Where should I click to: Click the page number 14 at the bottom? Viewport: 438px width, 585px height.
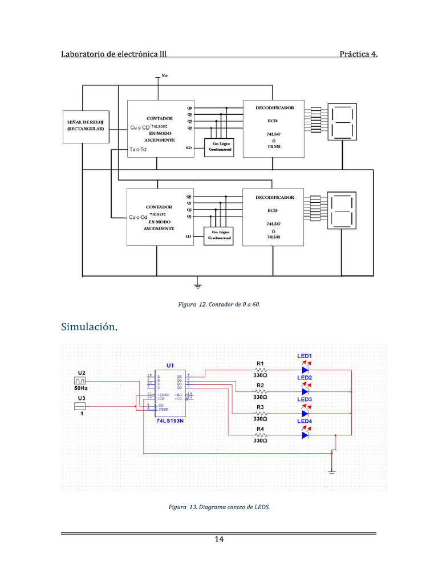coord(218,540)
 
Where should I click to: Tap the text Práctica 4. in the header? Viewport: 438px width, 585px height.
coord(358,54)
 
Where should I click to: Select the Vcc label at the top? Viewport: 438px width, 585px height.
coord(165,76)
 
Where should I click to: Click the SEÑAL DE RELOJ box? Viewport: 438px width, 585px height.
coord(85,126)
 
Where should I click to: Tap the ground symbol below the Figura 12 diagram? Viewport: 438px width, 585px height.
coord(198,283)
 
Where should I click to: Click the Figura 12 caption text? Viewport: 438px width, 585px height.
coord(219,304)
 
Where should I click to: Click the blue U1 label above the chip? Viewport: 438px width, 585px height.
coord(170,365)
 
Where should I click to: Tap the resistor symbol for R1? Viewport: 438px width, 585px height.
coord(260,370)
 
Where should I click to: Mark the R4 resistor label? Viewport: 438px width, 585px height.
coord(260,428)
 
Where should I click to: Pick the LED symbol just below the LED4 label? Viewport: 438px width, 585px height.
coord(305,435)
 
